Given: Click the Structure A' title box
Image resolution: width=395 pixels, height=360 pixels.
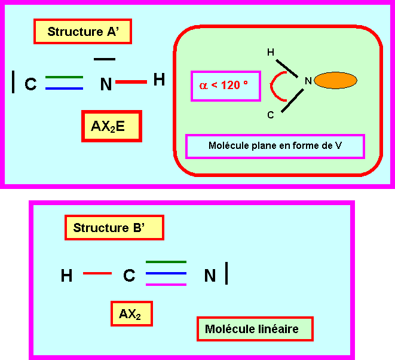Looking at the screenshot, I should click(x=82, y=32).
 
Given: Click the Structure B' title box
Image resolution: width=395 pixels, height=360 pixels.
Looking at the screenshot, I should click(x=114, y=228).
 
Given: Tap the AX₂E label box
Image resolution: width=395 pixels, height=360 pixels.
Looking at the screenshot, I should click(x=111, y=126).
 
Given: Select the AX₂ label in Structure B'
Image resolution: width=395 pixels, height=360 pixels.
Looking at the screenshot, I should click(x=130, y=314).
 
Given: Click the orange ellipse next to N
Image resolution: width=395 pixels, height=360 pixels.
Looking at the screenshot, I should click(x=335, y=81).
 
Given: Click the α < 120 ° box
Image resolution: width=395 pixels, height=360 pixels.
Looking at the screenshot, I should click(x=224, y=86).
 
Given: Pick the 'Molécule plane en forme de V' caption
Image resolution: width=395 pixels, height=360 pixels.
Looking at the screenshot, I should click(x=275, y=146).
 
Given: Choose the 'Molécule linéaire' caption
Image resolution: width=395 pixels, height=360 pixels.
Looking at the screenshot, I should click(x=255, y=328).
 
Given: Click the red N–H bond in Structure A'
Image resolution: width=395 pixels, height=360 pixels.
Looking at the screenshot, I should click(x=131, y=82).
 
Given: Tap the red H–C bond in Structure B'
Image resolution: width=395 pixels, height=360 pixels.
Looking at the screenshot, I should click(x=97, y=273).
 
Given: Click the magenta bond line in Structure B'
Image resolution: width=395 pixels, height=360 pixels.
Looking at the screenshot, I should click(x=166, y=284).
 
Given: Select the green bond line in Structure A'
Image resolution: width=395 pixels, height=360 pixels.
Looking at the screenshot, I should click(x=64, y=77).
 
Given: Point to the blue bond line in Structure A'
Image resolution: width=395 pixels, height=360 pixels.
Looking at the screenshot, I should click(x=64, y=88).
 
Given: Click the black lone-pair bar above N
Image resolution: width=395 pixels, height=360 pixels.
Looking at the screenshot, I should click(x=105, y=59).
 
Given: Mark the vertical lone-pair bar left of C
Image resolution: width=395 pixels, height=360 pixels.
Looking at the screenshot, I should click(x=13, y=81).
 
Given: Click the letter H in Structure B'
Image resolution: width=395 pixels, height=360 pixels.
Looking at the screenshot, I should click(x=67, y=276).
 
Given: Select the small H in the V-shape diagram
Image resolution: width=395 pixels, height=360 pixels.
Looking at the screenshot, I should click(x=270, y=53).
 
